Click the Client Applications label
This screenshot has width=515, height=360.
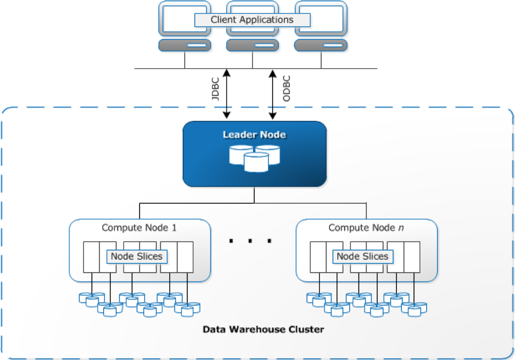(252, 20)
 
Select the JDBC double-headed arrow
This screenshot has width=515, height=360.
(226, 94)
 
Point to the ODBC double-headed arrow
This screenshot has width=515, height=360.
(272, 94)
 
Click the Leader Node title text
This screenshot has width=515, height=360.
(254, 134)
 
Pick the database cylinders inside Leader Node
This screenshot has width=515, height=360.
(255, 158)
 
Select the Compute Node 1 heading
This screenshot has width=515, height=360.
(139, 228)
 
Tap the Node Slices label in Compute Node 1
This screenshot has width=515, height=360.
(137, 256)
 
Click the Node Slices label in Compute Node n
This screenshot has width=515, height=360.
(363, 256)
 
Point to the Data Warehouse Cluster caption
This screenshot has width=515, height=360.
(263, 329)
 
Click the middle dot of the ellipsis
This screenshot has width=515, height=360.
(250, 240)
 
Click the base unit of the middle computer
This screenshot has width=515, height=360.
(253, 45)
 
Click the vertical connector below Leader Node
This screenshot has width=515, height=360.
(254, 195)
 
